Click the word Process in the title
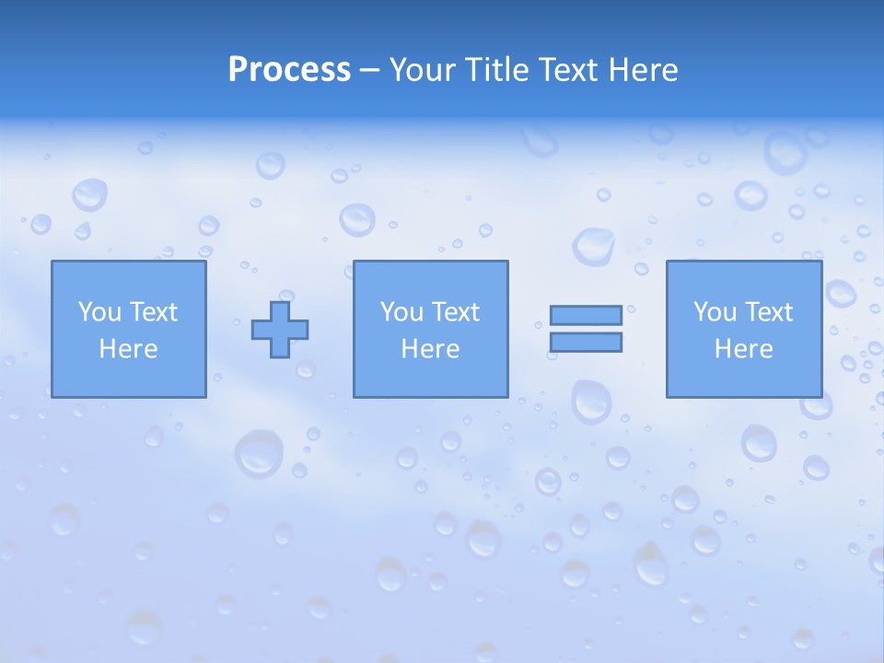point(289,70)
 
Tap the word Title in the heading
point(494,70)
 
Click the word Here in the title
point(644,70)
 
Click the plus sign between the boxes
point(280,329)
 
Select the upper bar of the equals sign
point(586,315)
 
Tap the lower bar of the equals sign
point(586,342)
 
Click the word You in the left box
point(99,312)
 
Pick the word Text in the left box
point(153,312)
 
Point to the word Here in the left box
point(128,349)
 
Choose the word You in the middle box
point(401,312)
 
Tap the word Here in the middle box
point(430,349)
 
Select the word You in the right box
point(715,312)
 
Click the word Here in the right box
point(743,349)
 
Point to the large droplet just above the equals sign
point(593,246)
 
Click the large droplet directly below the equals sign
point(590,401)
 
